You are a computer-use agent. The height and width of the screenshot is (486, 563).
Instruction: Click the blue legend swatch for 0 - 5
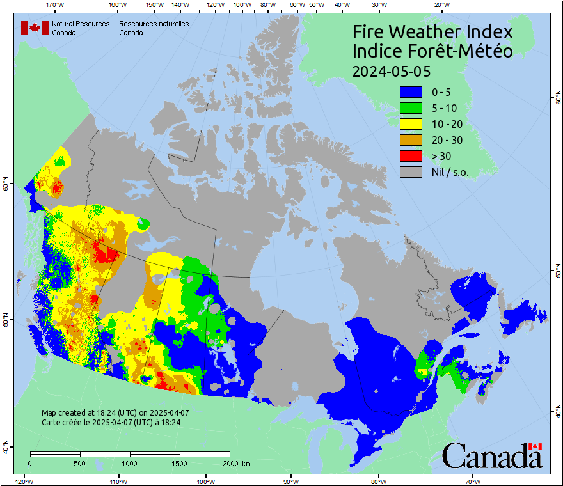411,92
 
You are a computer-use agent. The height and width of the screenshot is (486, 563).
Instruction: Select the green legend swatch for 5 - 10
411,108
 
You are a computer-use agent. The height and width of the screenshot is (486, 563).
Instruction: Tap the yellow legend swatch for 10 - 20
411,124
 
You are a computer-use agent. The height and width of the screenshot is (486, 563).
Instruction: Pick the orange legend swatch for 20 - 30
411,140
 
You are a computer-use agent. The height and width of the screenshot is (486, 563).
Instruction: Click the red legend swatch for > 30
411,155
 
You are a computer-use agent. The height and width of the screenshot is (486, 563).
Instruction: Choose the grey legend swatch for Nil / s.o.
411,171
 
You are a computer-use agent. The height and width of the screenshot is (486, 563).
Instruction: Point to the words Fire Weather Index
432,32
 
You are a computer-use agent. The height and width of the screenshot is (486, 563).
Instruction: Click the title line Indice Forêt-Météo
432,51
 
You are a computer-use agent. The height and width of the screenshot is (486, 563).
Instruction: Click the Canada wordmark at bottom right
492,456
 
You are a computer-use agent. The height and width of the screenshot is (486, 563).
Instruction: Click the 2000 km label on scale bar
235,463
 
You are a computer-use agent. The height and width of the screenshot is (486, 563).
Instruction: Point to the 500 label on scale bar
80,463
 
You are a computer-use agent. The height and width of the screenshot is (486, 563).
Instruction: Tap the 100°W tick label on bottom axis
205,481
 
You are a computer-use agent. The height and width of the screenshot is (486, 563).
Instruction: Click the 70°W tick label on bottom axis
473,481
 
